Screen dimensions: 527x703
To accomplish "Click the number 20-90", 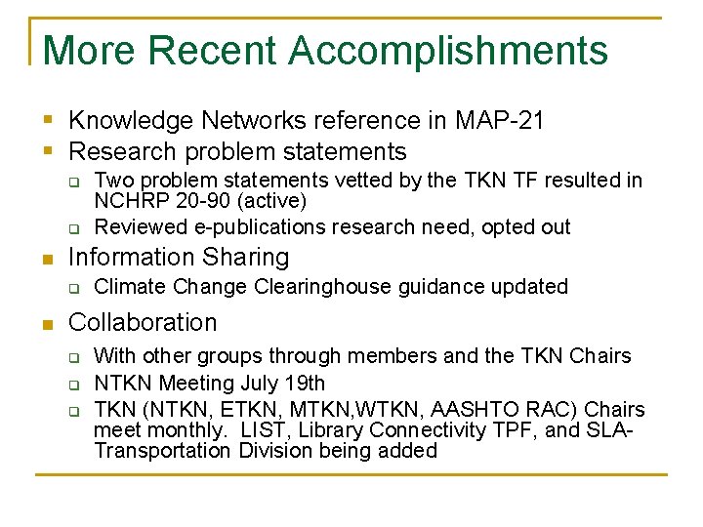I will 196,201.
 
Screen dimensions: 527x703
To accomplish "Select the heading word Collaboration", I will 143,322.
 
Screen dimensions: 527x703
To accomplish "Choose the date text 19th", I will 307,384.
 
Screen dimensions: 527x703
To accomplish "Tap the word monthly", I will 183,430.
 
